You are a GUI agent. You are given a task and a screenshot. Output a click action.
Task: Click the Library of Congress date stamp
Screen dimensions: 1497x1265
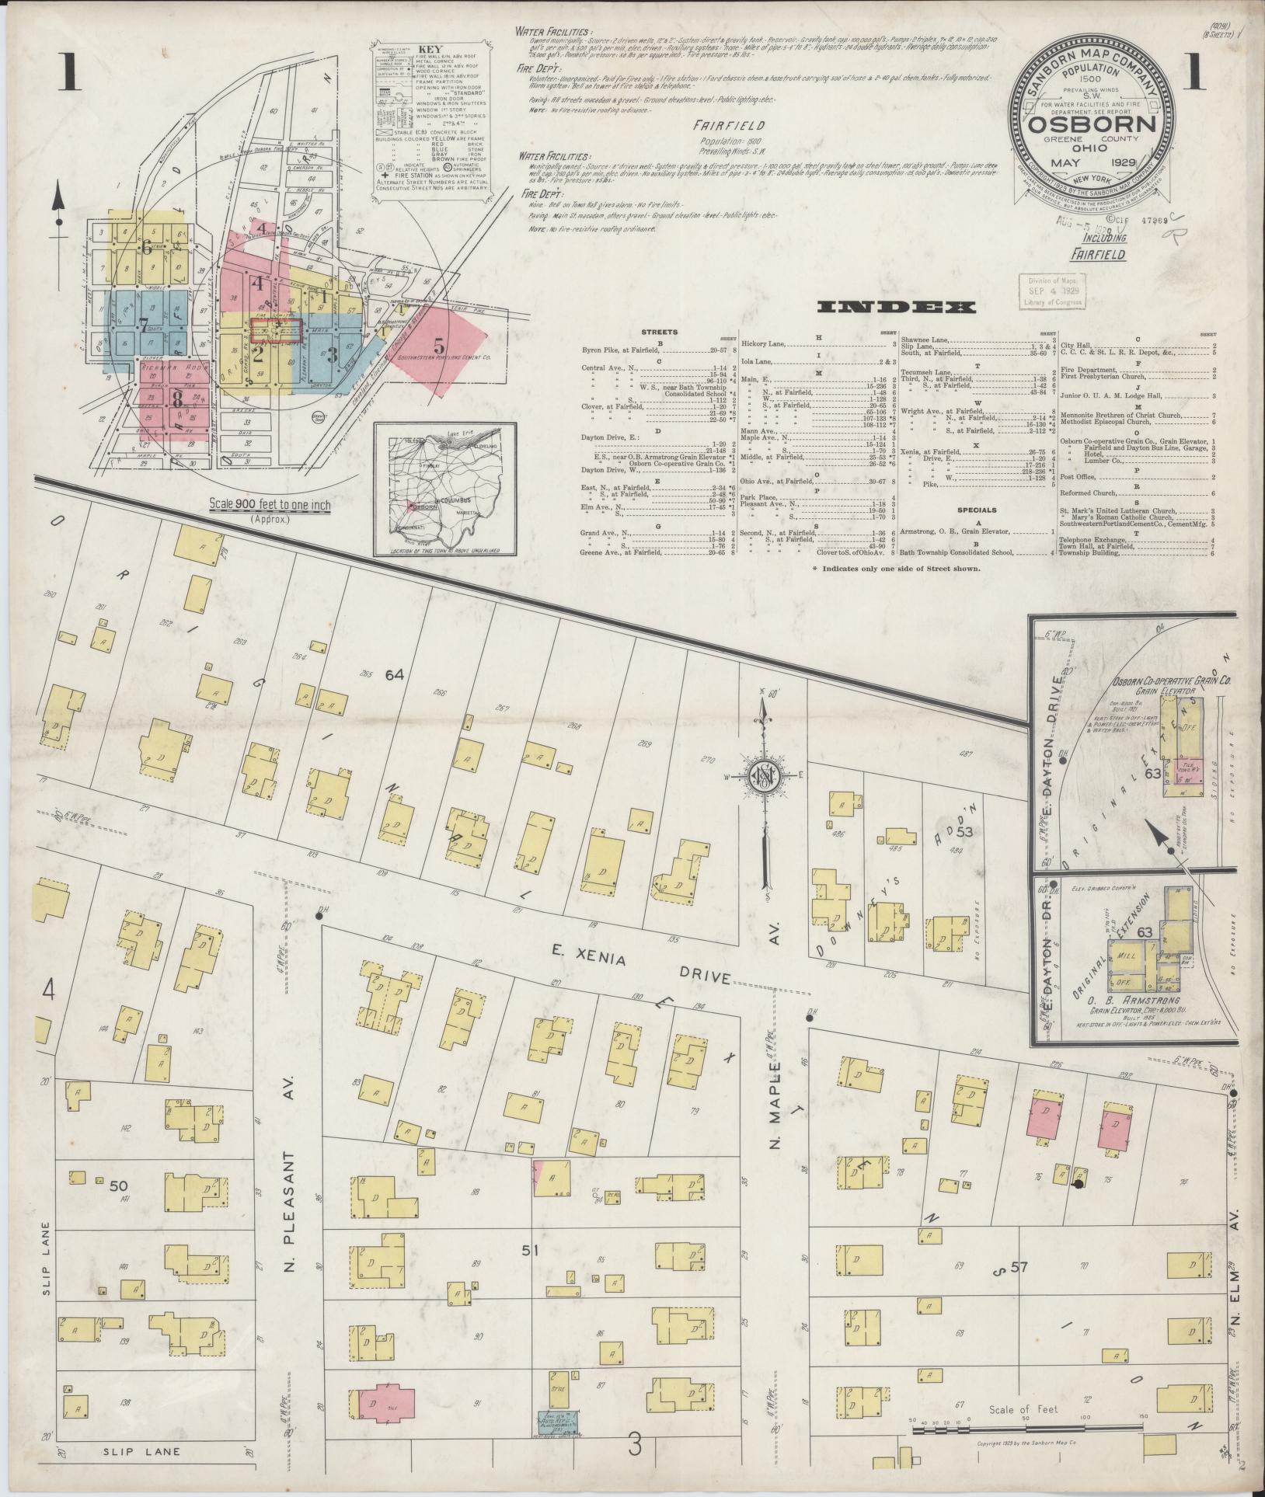[x=1053, y=291]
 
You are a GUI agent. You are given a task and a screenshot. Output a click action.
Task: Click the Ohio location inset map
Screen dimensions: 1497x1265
[x=444, y=489]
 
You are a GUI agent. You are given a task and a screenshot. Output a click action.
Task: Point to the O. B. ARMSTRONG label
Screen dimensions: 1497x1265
[x=1143, y=1000]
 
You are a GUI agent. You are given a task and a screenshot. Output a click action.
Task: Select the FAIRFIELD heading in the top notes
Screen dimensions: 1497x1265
[x=730, y=125]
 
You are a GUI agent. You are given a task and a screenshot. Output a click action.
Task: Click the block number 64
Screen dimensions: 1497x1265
[x=395, y=675]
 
